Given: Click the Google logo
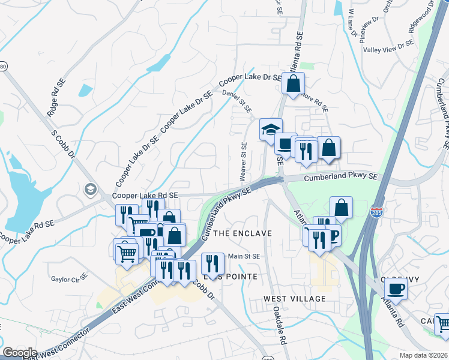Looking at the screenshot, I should click(20, 353).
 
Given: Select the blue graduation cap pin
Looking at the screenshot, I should click(271, 129).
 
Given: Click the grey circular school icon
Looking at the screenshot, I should click(91, 190).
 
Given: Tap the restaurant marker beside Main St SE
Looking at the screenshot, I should click(212, 263).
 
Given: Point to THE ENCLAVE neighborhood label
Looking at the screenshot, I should click(243, 233).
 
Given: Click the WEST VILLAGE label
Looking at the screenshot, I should click(294, 298).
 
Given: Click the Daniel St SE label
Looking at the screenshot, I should click(237, 101).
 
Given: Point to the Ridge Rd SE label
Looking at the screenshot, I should click(56, 98).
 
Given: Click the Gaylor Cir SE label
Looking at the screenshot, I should click(69, 279).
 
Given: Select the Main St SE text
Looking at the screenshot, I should click(244, 256).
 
